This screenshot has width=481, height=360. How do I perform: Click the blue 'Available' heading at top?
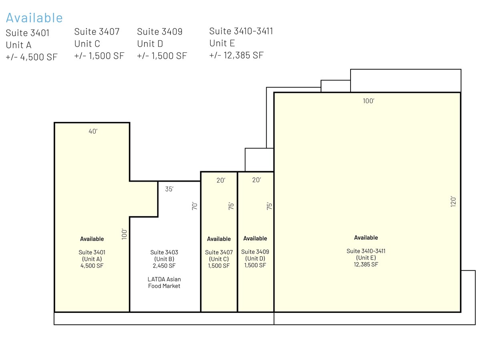(34, 18)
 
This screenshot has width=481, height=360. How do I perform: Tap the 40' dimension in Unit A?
(93, 131)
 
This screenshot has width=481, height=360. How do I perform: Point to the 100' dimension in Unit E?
(369, 101)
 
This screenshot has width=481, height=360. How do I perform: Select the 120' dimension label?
(453, 202)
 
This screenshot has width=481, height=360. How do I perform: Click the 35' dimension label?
(169, 189)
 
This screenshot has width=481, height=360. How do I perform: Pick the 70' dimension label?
(194, 206)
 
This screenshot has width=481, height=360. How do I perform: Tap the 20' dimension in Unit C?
(221, 180)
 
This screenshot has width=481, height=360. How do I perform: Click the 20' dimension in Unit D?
(257, 180)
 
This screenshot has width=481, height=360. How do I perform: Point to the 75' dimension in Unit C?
(231, 206)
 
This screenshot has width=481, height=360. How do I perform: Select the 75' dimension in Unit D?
(269, 206)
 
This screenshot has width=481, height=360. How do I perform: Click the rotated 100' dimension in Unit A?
(124, 234)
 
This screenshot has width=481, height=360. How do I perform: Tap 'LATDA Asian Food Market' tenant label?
(164, 282)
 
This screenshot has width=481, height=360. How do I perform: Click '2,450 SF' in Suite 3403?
(164, 266)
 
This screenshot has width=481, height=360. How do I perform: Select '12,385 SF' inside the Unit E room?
(366, 264)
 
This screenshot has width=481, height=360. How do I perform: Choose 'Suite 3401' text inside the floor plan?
(92, 252)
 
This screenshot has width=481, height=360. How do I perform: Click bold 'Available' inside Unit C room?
(219, 239)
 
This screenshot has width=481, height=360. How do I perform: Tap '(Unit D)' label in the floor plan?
(255, 258)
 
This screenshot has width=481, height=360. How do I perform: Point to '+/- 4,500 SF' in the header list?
(32, 57)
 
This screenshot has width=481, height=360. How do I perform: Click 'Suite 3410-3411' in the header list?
(241, 31)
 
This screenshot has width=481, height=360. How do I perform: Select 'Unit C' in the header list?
(87, 44)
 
